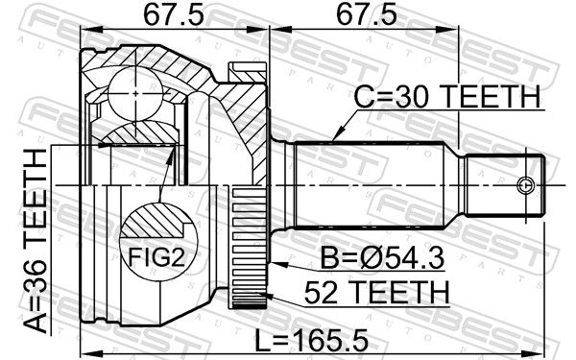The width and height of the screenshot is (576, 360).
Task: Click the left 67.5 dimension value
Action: pyautogui.click(x=173, y=15)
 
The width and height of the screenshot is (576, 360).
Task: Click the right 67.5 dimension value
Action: pyautogui.click(x=366, y=15)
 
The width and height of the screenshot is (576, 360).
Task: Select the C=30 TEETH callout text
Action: pyautogui.click(x=447, y=97)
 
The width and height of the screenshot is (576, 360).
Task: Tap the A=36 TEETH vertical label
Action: pyautogui.click(x=36, y=241)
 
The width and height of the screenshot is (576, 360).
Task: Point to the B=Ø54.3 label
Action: pyautogui.click(x=382, y=258)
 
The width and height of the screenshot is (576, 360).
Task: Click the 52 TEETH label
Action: pyautogui.click(x=376, y=292)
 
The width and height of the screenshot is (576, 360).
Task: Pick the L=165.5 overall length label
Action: pyautogui.click(x=311, y=340)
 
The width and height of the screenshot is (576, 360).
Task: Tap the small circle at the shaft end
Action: pyautogui.click(x=524, y=185)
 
